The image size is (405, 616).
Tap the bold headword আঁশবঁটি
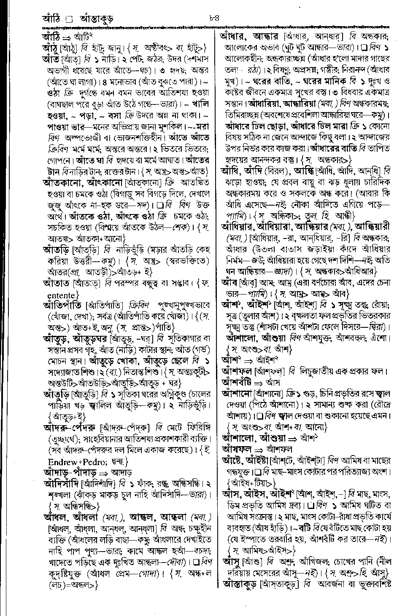[x=240, y=383]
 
